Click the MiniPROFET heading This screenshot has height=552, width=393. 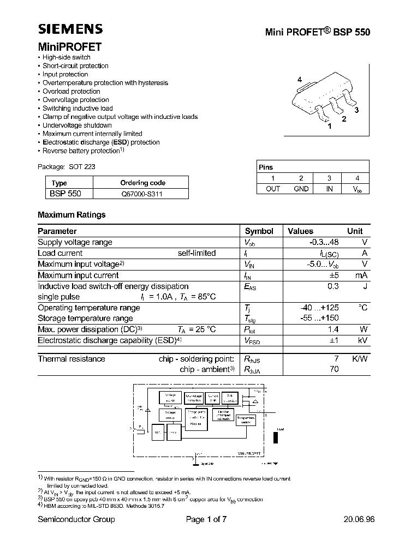coord(69,47)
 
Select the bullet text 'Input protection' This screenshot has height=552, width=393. coord(65,74)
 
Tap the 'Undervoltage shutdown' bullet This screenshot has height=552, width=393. coord(77,125)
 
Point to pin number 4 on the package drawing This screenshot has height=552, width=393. coord(300,80)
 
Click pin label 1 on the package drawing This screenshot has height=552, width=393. coord(329,126)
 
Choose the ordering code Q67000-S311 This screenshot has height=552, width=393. coord(141,193)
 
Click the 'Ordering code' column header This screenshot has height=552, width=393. coord(142,183)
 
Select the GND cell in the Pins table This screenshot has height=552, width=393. coord(301,189)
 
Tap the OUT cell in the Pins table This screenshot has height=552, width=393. coord(272,189)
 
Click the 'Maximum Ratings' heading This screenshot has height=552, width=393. coord(72,215)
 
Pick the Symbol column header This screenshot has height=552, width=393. coord(259,231)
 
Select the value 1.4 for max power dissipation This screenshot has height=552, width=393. coord(333,329)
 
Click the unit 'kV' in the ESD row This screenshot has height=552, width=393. coord(362,340)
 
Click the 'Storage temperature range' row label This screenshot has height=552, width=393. coord(85,319)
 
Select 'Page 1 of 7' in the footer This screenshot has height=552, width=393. coord(206,519)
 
